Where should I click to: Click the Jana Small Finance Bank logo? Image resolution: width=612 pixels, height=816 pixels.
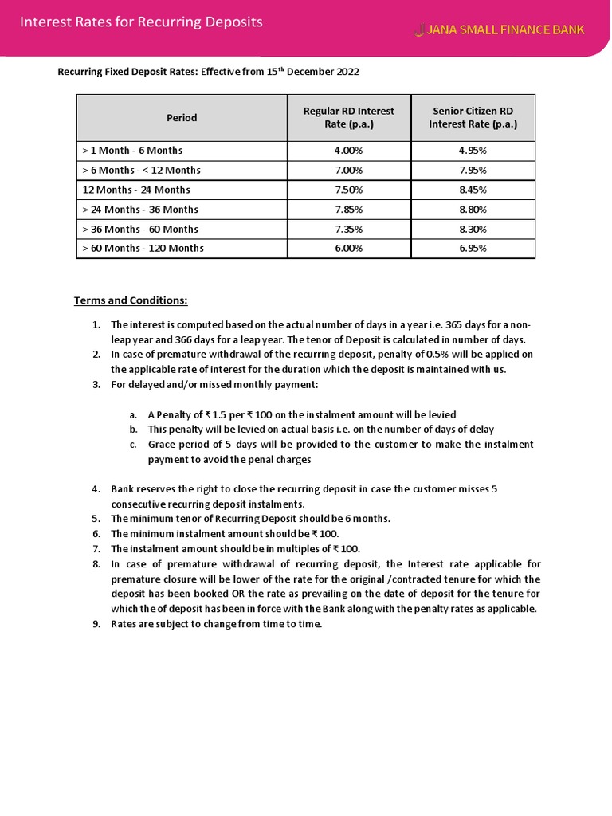click(x=499, y=30)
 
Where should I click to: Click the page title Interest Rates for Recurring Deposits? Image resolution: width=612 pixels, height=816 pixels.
click(x=141, y=22)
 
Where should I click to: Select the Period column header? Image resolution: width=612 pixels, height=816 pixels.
click(x=182, y=117)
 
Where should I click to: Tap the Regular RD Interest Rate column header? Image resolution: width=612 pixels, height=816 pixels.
click(x=348, y=117)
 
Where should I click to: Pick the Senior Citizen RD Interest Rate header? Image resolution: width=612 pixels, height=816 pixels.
click(x=473, y=117)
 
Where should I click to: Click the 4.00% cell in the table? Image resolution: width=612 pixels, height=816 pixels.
click(x=348, y=151)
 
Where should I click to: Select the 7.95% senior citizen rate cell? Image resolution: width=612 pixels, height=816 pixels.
click(x=473, y=170)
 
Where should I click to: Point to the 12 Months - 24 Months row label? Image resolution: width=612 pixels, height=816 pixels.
click(x=136, y=190)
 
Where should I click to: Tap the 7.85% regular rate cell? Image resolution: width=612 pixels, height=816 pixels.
click(x=348, y=210)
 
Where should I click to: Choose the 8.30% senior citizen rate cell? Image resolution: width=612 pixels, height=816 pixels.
click(x=473, y=229)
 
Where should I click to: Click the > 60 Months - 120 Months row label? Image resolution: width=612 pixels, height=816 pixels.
click(x=143, y=249)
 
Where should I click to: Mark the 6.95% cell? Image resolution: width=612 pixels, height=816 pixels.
click(x=473, y=249)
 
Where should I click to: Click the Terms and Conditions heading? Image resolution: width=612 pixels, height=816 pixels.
click(x=131, y=300)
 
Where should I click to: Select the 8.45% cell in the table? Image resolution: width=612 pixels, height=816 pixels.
click(x=473, y=190)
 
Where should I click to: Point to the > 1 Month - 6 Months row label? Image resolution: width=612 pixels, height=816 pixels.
click(x=132, y=151)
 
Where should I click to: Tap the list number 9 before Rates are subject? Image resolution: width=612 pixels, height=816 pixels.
click(x=96, y=624)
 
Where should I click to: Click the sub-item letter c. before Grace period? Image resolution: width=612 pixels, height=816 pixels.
click(x=132, y=445)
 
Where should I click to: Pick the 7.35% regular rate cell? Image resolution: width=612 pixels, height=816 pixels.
click(x=348, y=229)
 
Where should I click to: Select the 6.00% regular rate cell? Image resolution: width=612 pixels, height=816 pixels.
click(x=348, y=249)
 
